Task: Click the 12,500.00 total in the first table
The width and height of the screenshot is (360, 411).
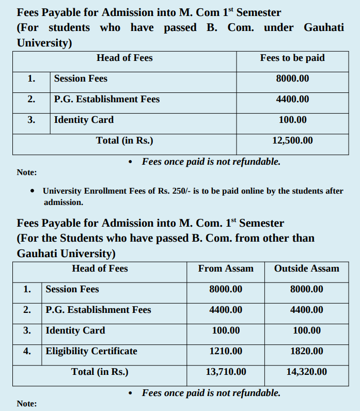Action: click(292, 140)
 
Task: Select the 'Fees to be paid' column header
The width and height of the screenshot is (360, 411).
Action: click(292, 58)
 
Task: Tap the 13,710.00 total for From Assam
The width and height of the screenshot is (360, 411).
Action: click(226, 372)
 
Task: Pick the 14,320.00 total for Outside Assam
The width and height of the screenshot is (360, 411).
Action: click(306, 372)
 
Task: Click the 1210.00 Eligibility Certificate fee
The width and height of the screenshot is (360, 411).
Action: click(226, 351)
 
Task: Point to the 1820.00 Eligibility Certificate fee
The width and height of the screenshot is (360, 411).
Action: click(306, 351)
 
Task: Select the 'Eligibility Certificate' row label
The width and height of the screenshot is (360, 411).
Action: click(91, 351)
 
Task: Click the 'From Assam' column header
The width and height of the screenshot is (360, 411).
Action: click(226, 268)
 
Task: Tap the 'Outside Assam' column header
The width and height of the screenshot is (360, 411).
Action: click(306, 268)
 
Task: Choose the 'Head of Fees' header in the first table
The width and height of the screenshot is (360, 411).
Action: click(124, 58)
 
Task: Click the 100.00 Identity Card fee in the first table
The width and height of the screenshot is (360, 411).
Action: click(292, 120)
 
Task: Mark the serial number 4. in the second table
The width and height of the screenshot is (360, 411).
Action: click(27, 351)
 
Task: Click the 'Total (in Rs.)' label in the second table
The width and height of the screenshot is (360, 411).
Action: click(100, 372)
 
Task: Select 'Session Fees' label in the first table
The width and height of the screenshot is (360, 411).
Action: click(81, 78)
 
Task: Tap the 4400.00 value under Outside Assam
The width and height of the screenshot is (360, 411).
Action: click(306, 310)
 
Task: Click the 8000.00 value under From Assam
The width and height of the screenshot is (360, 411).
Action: click(226, 289)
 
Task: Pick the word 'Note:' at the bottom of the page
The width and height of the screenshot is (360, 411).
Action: click(27, 404)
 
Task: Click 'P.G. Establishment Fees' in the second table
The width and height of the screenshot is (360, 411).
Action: click(98, 310)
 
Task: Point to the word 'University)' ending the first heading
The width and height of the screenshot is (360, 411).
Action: click(44, 43)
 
